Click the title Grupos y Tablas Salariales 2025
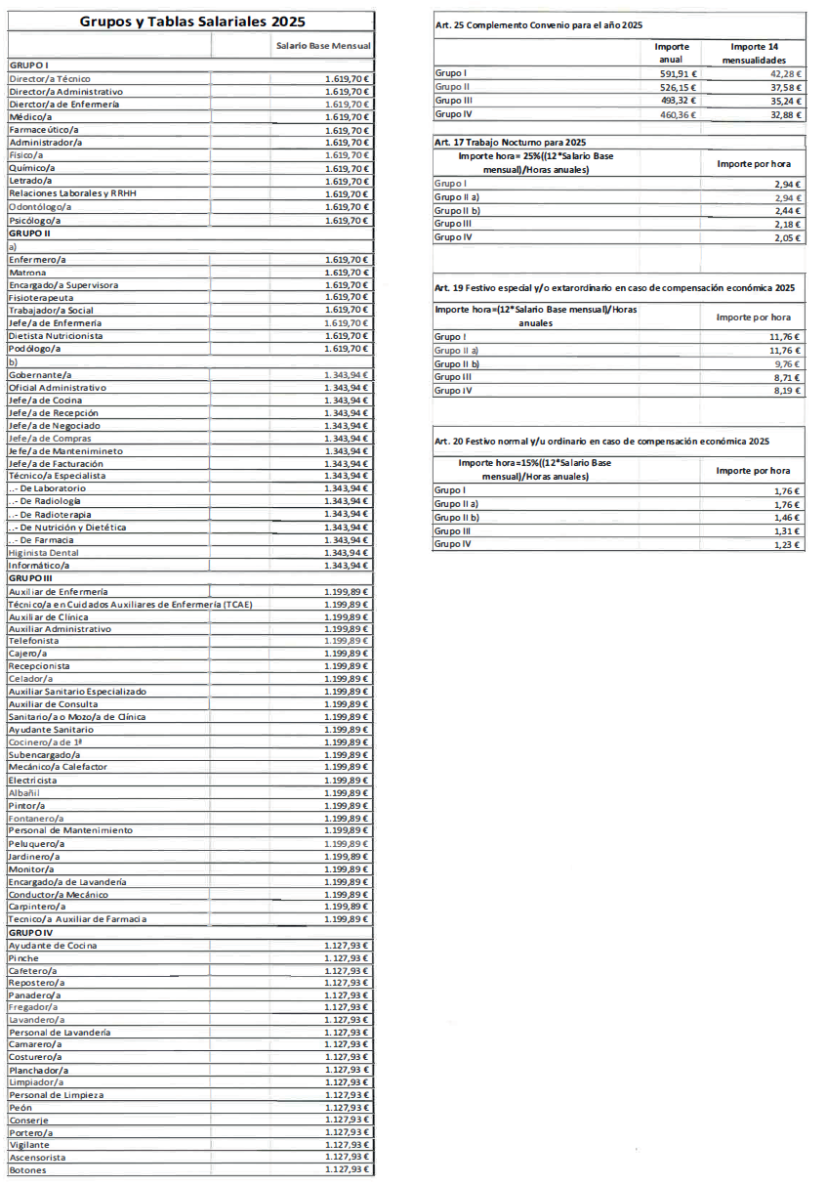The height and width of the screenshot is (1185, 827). tap(191, 21)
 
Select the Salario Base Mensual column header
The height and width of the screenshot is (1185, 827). tap(322, 46)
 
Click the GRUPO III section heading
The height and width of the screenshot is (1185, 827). tap(30, 578)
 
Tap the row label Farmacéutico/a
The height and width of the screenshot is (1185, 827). tap(44, 130)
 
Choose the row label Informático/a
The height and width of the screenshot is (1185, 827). tap(39, 566)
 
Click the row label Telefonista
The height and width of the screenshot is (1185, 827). tap(33, 641)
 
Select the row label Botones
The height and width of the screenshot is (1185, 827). tap(26, 1169)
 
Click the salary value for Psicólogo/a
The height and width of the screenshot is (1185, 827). tap(347, 220)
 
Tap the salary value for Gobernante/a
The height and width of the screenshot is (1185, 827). tap(347, 374)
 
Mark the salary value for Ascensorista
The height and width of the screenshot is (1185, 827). tap(347, 1158)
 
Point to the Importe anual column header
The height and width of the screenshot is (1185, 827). tap(673, 53)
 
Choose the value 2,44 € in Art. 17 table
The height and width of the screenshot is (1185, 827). tap(786, 210)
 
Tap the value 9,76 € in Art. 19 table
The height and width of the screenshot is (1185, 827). tap(786, 363)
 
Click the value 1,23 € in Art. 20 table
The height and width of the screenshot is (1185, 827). tap(786, 544)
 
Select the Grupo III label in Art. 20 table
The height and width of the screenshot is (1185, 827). tap(453, 530)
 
